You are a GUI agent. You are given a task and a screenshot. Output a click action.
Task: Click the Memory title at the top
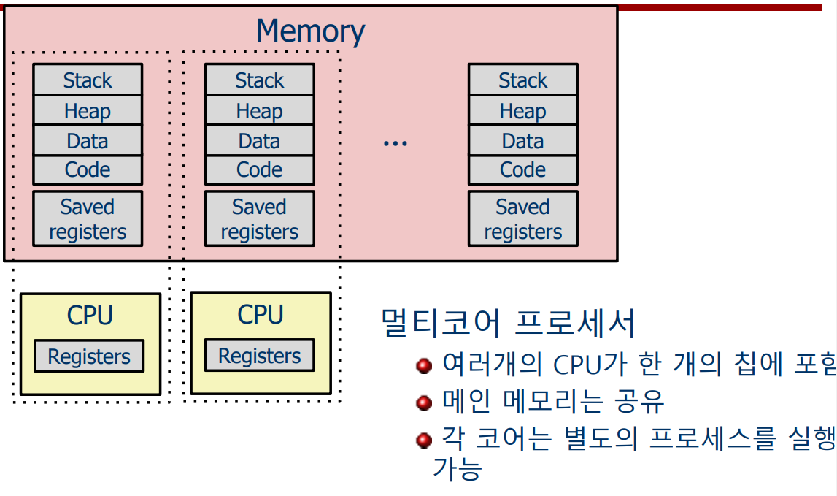(310, 31)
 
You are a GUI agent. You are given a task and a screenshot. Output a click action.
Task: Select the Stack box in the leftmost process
(88, 80)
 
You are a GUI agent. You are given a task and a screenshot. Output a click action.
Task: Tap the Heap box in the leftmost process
(88, 110)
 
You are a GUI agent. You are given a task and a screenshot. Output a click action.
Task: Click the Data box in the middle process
(259, 140)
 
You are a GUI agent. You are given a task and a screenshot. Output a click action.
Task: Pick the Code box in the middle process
(259, 169)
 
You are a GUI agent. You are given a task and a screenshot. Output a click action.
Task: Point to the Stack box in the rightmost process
(522, 80)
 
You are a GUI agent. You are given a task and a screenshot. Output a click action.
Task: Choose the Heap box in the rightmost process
(522, 110)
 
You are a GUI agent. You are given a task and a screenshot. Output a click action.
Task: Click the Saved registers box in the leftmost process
(88, 218)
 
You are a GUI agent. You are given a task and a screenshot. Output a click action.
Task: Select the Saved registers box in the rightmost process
(522, 218)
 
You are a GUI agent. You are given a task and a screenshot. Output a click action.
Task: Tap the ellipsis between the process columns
(395, 143)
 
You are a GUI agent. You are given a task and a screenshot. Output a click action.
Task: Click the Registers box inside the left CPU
(89, 356)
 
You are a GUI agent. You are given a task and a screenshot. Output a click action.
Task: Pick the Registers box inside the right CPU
(259, 356)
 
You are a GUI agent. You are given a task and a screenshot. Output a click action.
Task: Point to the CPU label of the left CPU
(90, 316)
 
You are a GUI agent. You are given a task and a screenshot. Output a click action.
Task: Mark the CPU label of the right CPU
(260, 315)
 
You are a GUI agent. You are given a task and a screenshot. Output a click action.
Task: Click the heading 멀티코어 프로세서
(509, 323)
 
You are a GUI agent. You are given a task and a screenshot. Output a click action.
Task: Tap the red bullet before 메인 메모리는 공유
(424, 403)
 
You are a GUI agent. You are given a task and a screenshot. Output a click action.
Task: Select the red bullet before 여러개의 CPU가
(424, 365)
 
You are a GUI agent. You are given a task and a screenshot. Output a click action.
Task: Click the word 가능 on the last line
(458, 468)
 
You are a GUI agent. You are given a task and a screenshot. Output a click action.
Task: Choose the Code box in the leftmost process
(88, 169)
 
